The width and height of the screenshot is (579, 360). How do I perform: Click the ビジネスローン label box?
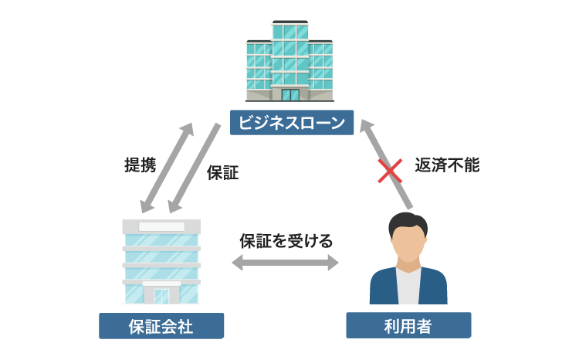tap(290, 121)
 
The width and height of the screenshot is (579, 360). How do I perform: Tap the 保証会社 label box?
tap(161, 326)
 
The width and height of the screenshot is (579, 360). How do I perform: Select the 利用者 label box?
tap(408, 326)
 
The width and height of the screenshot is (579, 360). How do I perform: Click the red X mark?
tap(388, 171)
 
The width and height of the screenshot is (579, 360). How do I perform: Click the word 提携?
tap(140, 165)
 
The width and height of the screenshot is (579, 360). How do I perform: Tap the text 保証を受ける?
tap(286, 240)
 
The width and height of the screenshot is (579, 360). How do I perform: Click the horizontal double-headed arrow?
tap(286, 263)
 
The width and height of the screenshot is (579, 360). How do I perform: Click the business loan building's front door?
tap(290, 95)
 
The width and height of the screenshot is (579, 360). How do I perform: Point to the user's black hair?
tap(407, 222)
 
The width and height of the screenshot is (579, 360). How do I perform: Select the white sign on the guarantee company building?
tap(161, 226)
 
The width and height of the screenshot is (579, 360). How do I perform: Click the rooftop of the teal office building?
tap(290, 23)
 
